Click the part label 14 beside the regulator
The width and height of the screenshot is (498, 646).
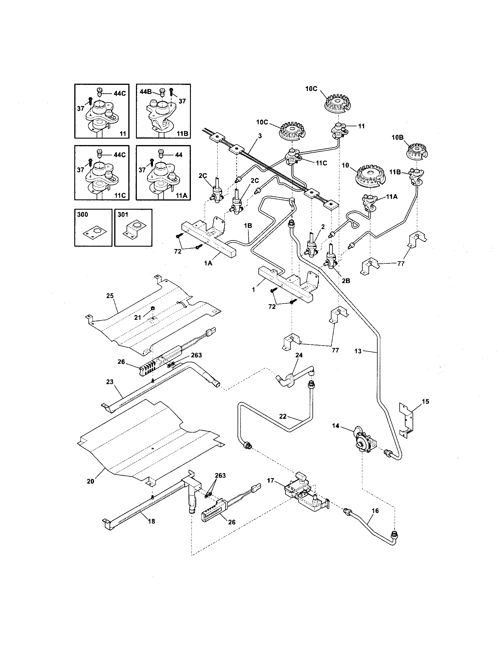[335, 426]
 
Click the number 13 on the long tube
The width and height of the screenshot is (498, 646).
[358, 351]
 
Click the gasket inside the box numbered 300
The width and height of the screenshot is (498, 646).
[93, 232]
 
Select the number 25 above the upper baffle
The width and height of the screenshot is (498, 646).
[110, 295]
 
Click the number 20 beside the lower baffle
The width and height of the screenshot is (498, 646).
[90, 481]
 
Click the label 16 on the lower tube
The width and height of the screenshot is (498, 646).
[375, 511]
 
